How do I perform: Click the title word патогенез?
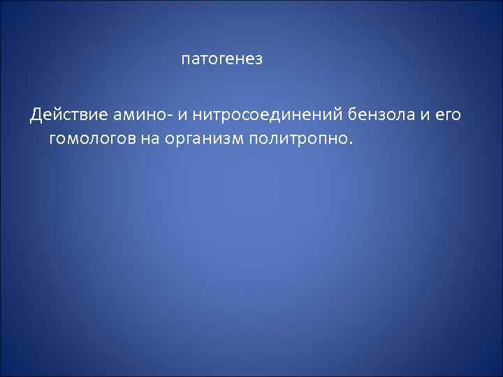[x=221, y=59]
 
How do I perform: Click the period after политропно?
[x=352, y=141]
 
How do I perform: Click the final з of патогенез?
[x=258, y=60]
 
